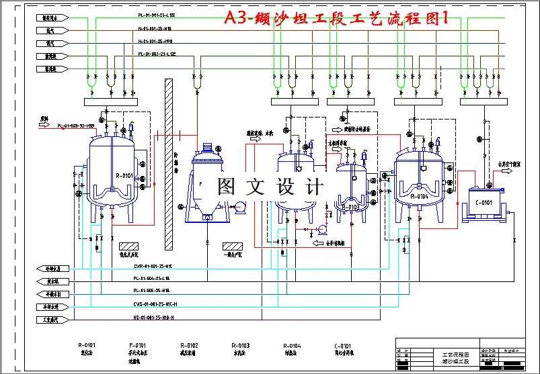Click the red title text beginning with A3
point(336,19)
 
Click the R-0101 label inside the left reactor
point(124,176)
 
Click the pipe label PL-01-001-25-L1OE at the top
point(157,14)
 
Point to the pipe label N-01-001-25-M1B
point(155,28)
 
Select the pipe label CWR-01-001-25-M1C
point(153,266)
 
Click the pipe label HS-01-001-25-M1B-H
point(154,318)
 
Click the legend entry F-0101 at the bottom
point(137,346)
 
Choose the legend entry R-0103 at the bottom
point(240,346)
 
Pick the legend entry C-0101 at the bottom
point(343,346)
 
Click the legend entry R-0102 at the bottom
point(188,346)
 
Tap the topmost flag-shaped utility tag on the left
point(50,17)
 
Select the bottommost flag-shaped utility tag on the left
point(50,320)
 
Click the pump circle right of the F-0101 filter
point(238,209)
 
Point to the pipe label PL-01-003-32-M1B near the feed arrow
point(75,126)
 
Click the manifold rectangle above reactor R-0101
point(111,102)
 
